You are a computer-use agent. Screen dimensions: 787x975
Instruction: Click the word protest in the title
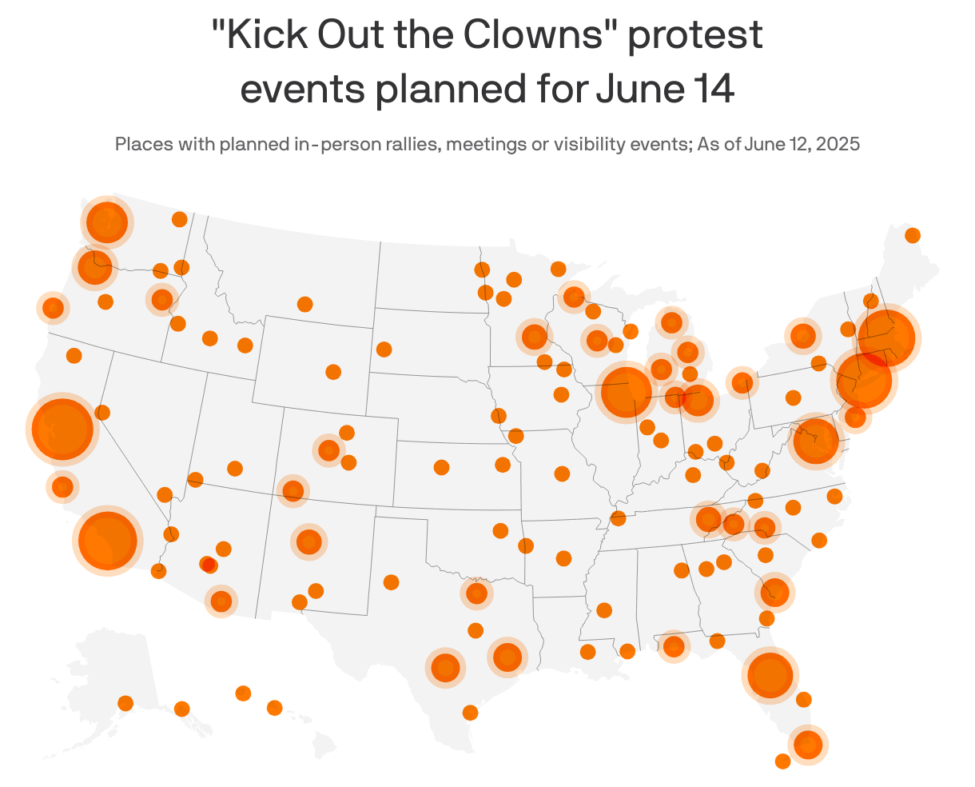click(694, 37)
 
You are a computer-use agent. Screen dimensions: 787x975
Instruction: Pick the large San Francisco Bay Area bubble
click(61, 429)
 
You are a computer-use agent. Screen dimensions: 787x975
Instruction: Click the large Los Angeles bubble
click(107, 540)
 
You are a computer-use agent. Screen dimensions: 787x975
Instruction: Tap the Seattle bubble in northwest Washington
click(106, 222)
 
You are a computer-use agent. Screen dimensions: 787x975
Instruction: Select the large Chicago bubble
click(625, 391)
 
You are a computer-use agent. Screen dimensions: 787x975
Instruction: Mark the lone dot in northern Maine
click(912, 235)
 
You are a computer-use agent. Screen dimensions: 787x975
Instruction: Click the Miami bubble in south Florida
click(808, 745)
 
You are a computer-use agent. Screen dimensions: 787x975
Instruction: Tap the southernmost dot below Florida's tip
click(782, 761)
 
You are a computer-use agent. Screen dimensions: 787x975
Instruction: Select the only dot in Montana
click(304, 304)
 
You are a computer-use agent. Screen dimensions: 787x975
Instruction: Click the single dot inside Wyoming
click(333, 372)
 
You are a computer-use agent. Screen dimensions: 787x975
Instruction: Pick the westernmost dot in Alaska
click(125, 703)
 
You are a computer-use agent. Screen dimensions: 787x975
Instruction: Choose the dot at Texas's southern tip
click(470, 713)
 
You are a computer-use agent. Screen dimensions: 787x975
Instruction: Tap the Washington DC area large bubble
click(814, 440)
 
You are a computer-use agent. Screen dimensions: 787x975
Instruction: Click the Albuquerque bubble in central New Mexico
click(308, 541)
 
